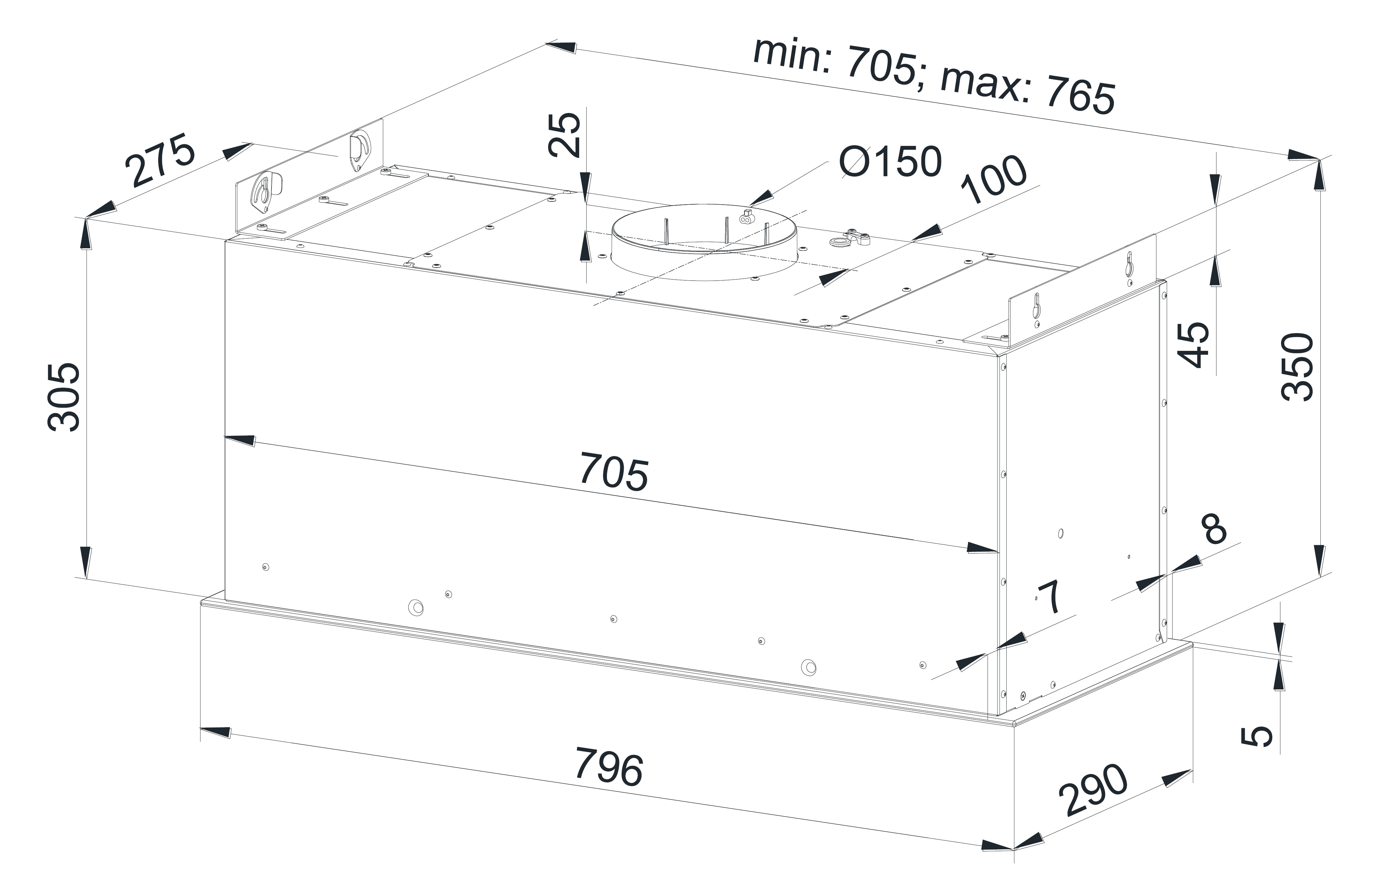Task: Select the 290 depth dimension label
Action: [1093, 790]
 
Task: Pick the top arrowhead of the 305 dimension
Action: [86, 233]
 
